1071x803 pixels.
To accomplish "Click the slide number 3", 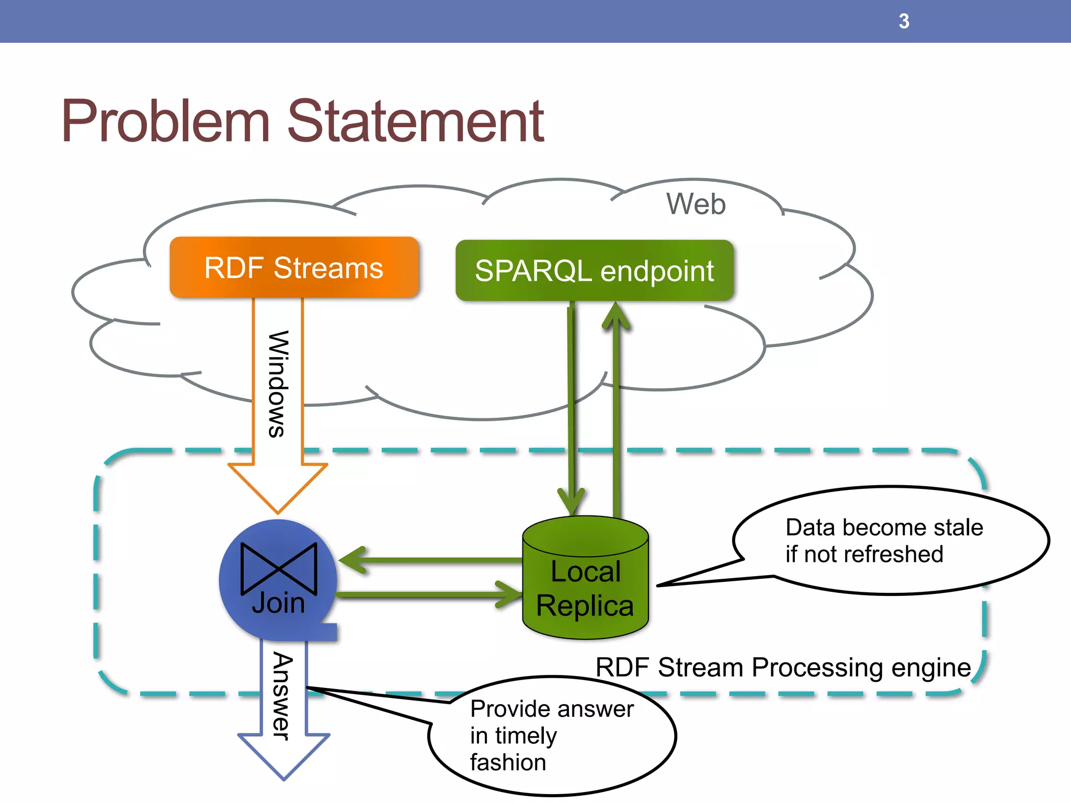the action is [x=904, y=21].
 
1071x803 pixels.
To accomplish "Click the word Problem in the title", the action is [x=166, y=121].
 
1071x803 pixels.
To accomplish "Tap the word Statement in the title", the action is [x=416, y=121].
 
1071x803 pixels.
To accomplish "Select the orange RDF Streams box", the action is [x=294, y=268].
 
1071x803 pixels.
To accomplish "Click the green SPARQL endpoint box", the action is [x=594, y=271].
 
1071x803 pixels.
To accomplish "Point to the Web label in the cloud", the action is [x=696, y=204].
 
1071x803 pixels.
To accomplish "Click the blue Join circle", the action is [x=278, y=580].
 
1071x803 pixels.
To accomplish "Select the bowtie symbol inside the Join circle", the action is [x=279, y=569].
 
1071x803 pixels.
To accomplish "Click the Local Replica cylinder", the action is [x=585, y=580].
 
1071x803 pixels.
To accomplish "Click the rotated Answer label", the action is [x=283, y=696].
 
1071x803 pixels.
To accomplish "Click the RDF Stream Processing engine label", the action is [x=783, y=668].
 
